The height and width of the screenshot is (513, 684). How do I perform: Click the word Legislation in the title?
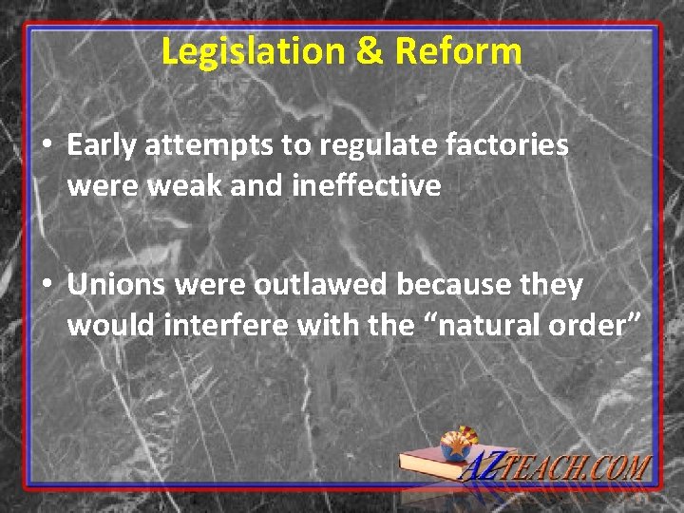[242, 51]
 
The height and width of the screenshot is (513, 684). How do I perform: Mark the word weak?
[187, 185]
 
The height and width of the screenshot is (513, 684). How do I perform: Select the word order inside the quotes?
[594, 326]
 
